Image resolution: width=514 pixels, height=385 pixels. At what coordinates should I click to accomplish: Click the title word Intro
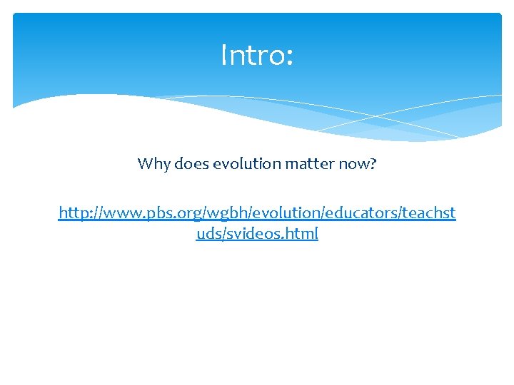251,55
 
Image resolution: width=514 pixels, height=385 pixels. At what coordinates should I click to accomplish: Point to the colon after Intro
288,57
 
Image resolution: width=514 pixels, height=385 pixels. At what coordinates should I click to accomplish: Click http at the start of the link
73,212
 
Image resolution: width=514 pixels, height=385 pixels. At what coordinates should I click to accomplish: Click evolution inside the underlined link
285,212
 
